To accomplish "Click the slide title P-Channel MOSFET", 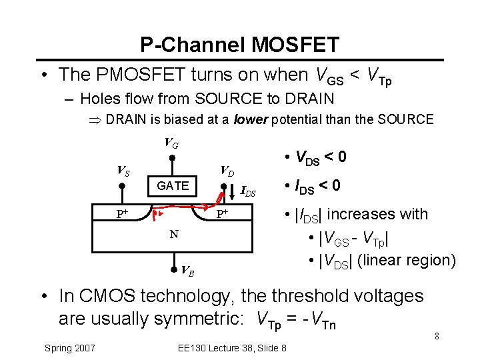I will click(x=239, y=45).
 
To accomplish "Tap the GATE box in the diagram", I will click(x=173, y=186).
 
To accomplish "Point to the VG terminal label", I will click(x=171, y=143).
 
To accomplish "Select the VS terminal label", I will click(x=123, y=171).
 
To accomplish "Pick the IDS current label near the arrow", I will click(x=248, y=193).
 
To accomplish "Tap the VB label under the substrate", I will click(x=188, y=271).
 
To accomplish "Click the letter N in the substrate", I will click(x=173, y=234).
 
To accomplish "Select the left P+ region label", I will click(x=122, y=214).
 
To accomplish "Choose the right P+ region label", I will click(x=223, y=214).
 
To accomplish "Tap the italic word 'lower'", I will click(x=251, y=120).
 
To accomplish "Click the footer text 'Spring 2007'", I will click(x=70, y=348).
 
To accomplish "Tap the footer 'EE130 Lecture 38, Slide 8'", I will click(x=233, y=348).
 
